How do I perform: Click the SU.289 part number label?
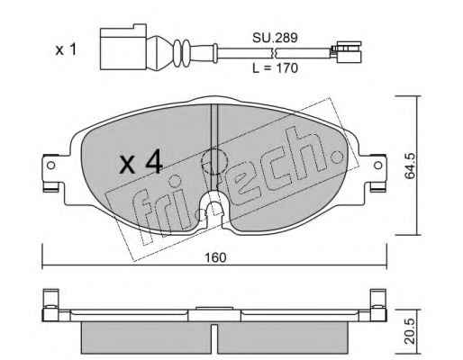275,38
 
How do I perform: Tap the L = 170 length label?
275,68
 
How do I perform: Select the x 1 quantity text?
66,49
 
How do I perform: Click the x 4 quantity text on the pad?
141,164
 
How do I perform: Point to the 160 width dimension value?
215,257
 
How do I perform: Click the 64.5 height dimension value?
410,166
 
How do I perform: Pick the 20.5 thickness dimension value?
410,331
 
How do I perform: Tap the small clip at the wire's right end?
346,52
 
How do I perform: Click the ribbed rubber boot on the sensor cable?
180,52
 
